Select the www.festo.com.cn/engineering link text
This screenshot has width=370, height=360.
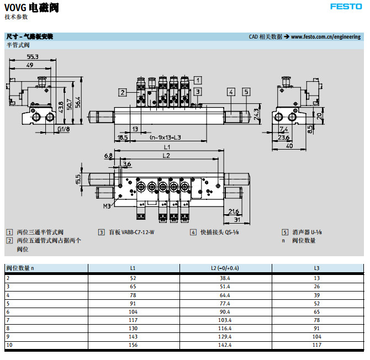325,37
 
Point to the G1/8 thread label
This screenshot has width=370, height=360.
64,129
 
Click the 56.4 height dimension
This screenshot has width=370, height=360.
78,102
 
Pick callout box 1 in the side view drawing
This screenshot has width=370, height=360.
197,80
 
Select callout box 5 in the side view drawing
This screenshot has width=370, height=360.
246,92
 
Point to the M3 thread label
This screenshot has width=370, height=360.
107,207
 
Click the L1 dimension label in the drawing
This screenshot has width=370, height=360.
167,149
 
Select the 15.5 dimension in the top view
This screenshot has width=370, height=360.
78,179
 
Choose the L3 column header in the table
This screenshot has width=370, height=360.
316,268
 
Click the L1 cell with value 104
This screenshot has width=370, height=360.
133,312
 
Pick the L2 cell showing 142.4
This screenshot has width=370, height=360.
225,345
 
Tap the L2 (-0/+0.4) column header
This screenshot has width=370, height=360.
225,268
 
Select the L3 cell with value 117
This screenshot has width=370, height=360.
316,345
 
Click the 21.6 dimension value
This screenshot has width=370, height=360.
233,211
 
